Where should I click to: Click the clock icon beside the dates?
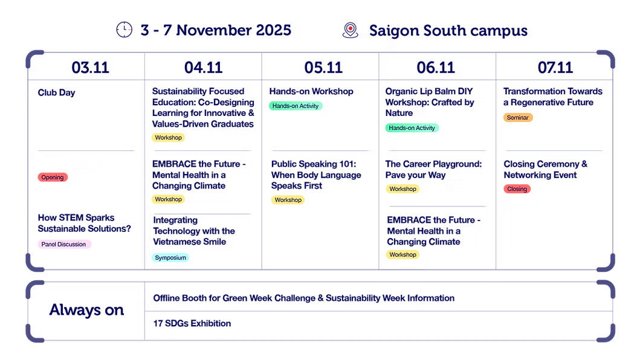point(124,30)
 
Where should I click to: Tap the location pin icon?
point(350,30)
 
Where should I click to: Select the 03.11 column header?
point(90,67)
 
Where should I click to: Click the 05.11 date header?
point(323,67)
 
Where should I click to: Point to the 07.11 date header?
point(555,67)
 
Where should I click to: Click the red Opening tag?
point(53,177)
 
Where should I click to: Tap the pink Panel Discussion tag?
point(64,244)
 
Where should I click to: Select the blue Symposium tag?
point(170,257)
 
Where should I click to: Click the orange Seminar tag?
point(518,118)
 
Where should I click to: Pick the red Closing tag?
point(517,189)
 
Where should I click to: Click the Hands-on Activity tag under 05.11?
point(296,106)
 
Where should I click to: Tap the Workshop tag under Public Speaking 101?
point(288,200)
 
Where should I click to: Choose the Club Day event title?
point(56,92)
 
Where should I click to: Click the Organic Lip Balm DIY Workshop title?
point(430,102)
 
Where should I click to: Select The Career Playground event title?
point(433,169)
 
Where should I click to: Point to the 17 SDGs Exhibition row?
point(192,323)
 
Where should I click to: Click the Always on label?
point(86,310)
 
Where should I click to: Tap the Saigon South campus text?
point(448,31)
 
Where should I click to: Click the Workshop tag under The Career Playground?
point(402,189)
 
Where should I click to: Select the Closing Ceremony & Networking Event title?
point(545,169)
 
